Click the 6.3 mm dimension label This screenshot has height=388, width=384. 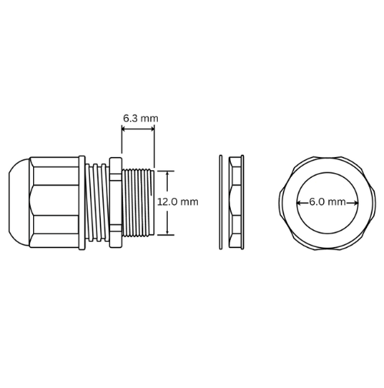point(140,118)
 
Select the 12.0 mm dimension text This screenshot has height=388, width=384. point(177,202)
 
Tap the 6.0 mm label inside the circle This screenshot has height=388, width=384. point(327,202)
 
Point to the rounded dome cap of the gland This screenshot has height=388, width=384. point(17,202)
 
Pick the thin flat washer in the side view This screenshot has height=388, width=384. point(221,202)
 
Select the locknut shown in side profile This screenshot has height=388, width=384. point(235,202)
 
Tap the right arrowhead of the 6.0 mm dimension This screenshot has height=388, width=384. point(354,202)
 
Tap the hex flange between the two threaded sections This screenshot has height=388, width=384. point(114,202)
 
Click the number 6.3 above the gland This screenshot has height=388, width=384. point(132,118)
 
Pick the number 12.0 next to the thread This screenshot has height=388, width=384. point(169,202)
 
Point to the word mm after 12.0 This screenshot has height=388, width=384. point(190,202)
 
